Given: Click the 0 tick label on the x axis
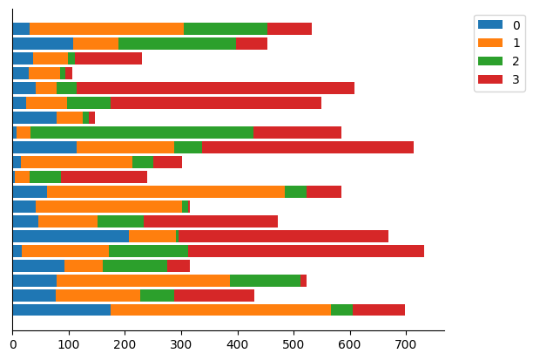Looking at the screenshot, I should [x=12, y=345].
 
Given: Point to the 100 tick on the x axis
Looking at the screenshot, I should [x=69, y=345].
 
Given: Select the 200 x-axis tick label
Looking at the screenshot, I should [x=125, y=345].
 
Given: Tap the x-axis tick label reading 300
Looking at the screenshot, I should [x=181, y=345].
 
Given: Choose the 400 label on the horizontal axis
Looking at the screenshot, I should [x=238, y=345].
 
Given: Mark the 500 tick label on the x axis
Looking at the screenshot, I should [x=293, y=345].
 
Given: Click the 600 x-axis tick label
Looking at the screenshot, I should [x=350, y=345].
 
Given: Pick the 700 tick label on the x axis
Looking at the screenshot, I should [x=407, y=345].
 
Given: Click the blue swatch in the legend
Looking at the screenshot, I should [x=490, y=25].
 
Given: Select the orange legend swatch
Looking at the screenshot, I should [x=490, y=44].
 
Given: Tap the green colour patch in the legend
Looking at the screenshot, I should [x=490, y=62].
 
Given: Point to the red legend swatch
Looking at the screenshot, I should [x=490, y=80].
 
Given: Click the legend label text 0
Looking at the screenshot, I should [x=516, y=25].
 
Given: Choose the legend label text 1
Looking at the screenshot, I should [x=516, y=44].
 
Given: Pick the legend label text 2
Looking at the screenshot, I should [x=516, y=62].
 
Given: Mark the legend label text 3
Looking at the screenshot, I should [x=516, y=80].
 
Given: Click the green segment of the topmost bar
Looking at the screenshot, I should [x=226, y=29].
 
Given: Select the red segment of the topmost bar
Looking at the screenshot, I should [x=289, y=29].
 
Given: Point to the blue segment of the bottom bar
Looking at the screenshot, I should [x=61, y=309].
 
